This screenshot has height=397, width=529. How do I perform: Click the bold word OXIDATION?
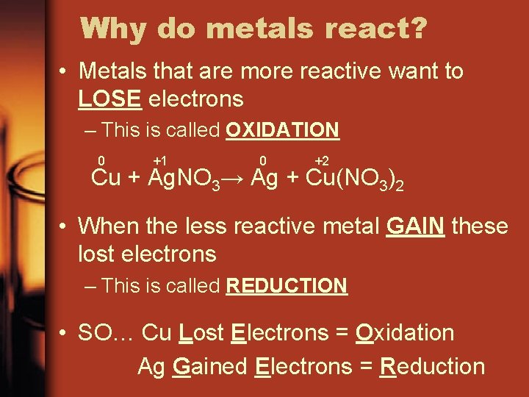click(x=282, y=131)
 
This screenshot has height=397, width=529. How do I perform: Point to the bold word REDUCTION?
click(x=287, y=286)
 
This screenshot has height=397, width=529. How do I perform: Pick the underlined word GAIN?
click(x=414, y=225)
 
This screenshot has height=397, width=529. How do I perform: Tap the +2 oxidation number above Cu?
click(x=321, y=161)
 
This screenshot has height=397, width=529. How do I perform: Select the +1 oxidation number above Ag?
click(x=159, y=161)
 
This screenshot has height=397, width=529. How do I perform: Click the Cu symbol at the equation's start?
click(x=106, y=179)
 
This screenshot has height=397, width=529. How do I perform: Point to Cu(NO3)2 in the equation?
click(x=354, y=180)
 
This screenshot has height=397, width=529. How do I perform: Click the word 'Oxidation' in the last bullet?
click(x=404, y=332)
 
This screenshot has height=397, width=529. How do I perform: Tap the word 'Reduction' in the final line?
click(x=432, y=366)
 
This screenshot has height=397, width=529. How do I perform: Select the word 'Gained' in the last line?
click(x=209, y=366)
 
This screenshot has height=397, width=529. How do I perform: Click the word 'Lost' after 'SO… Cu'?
click(x=201, y=332)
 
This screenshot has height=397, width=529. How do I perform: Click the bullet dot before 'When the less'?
click(x=65, y=226)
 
